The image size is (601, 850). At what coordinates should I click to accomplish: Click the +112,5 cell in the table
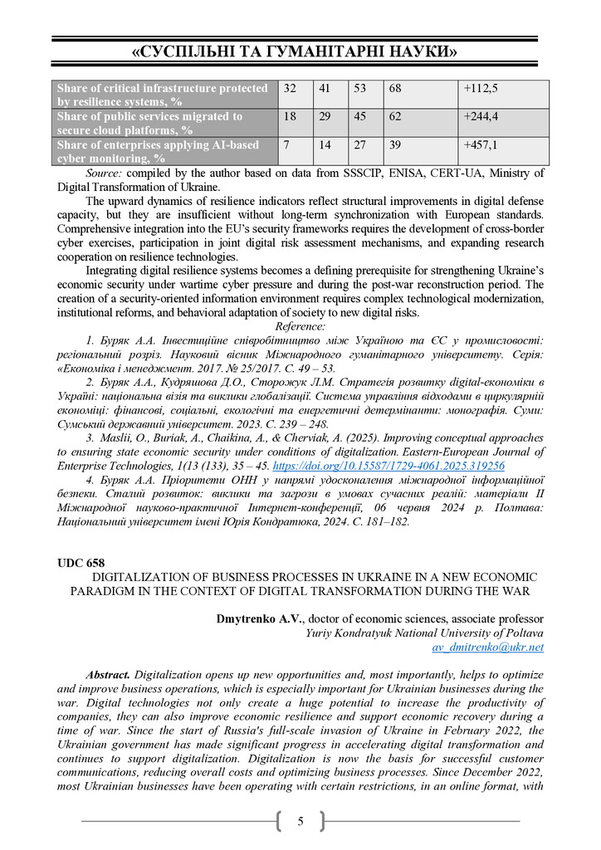tap(481, 88)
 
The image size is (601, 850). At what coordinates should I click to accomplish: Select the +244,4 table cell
tap(481, 117)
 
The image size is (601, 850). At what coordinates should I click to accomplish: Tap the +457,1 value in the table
tap(481, 145)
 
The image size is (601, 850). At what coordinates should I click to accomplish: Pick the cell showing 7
tap(287, 145)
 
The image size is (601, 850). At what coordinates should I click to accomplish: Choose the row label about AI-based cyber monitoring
tap(158, 151)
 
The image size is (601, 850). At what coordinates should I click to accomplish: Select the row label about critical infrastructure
tap(162, 94)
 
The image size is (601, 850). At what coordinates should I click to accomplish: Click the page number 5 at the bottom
tap(300, 822)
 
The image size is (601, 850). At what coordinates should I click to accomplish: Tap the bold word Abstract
tap(108, 675)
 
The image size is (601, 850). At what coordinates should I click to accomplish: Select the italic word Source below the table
tap(104, 173)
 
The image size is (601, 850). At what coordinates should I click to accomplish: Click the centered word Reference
tap(300, 326)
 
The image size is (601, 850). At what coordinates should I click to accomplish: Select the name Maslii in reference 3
tap(113, 437)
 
